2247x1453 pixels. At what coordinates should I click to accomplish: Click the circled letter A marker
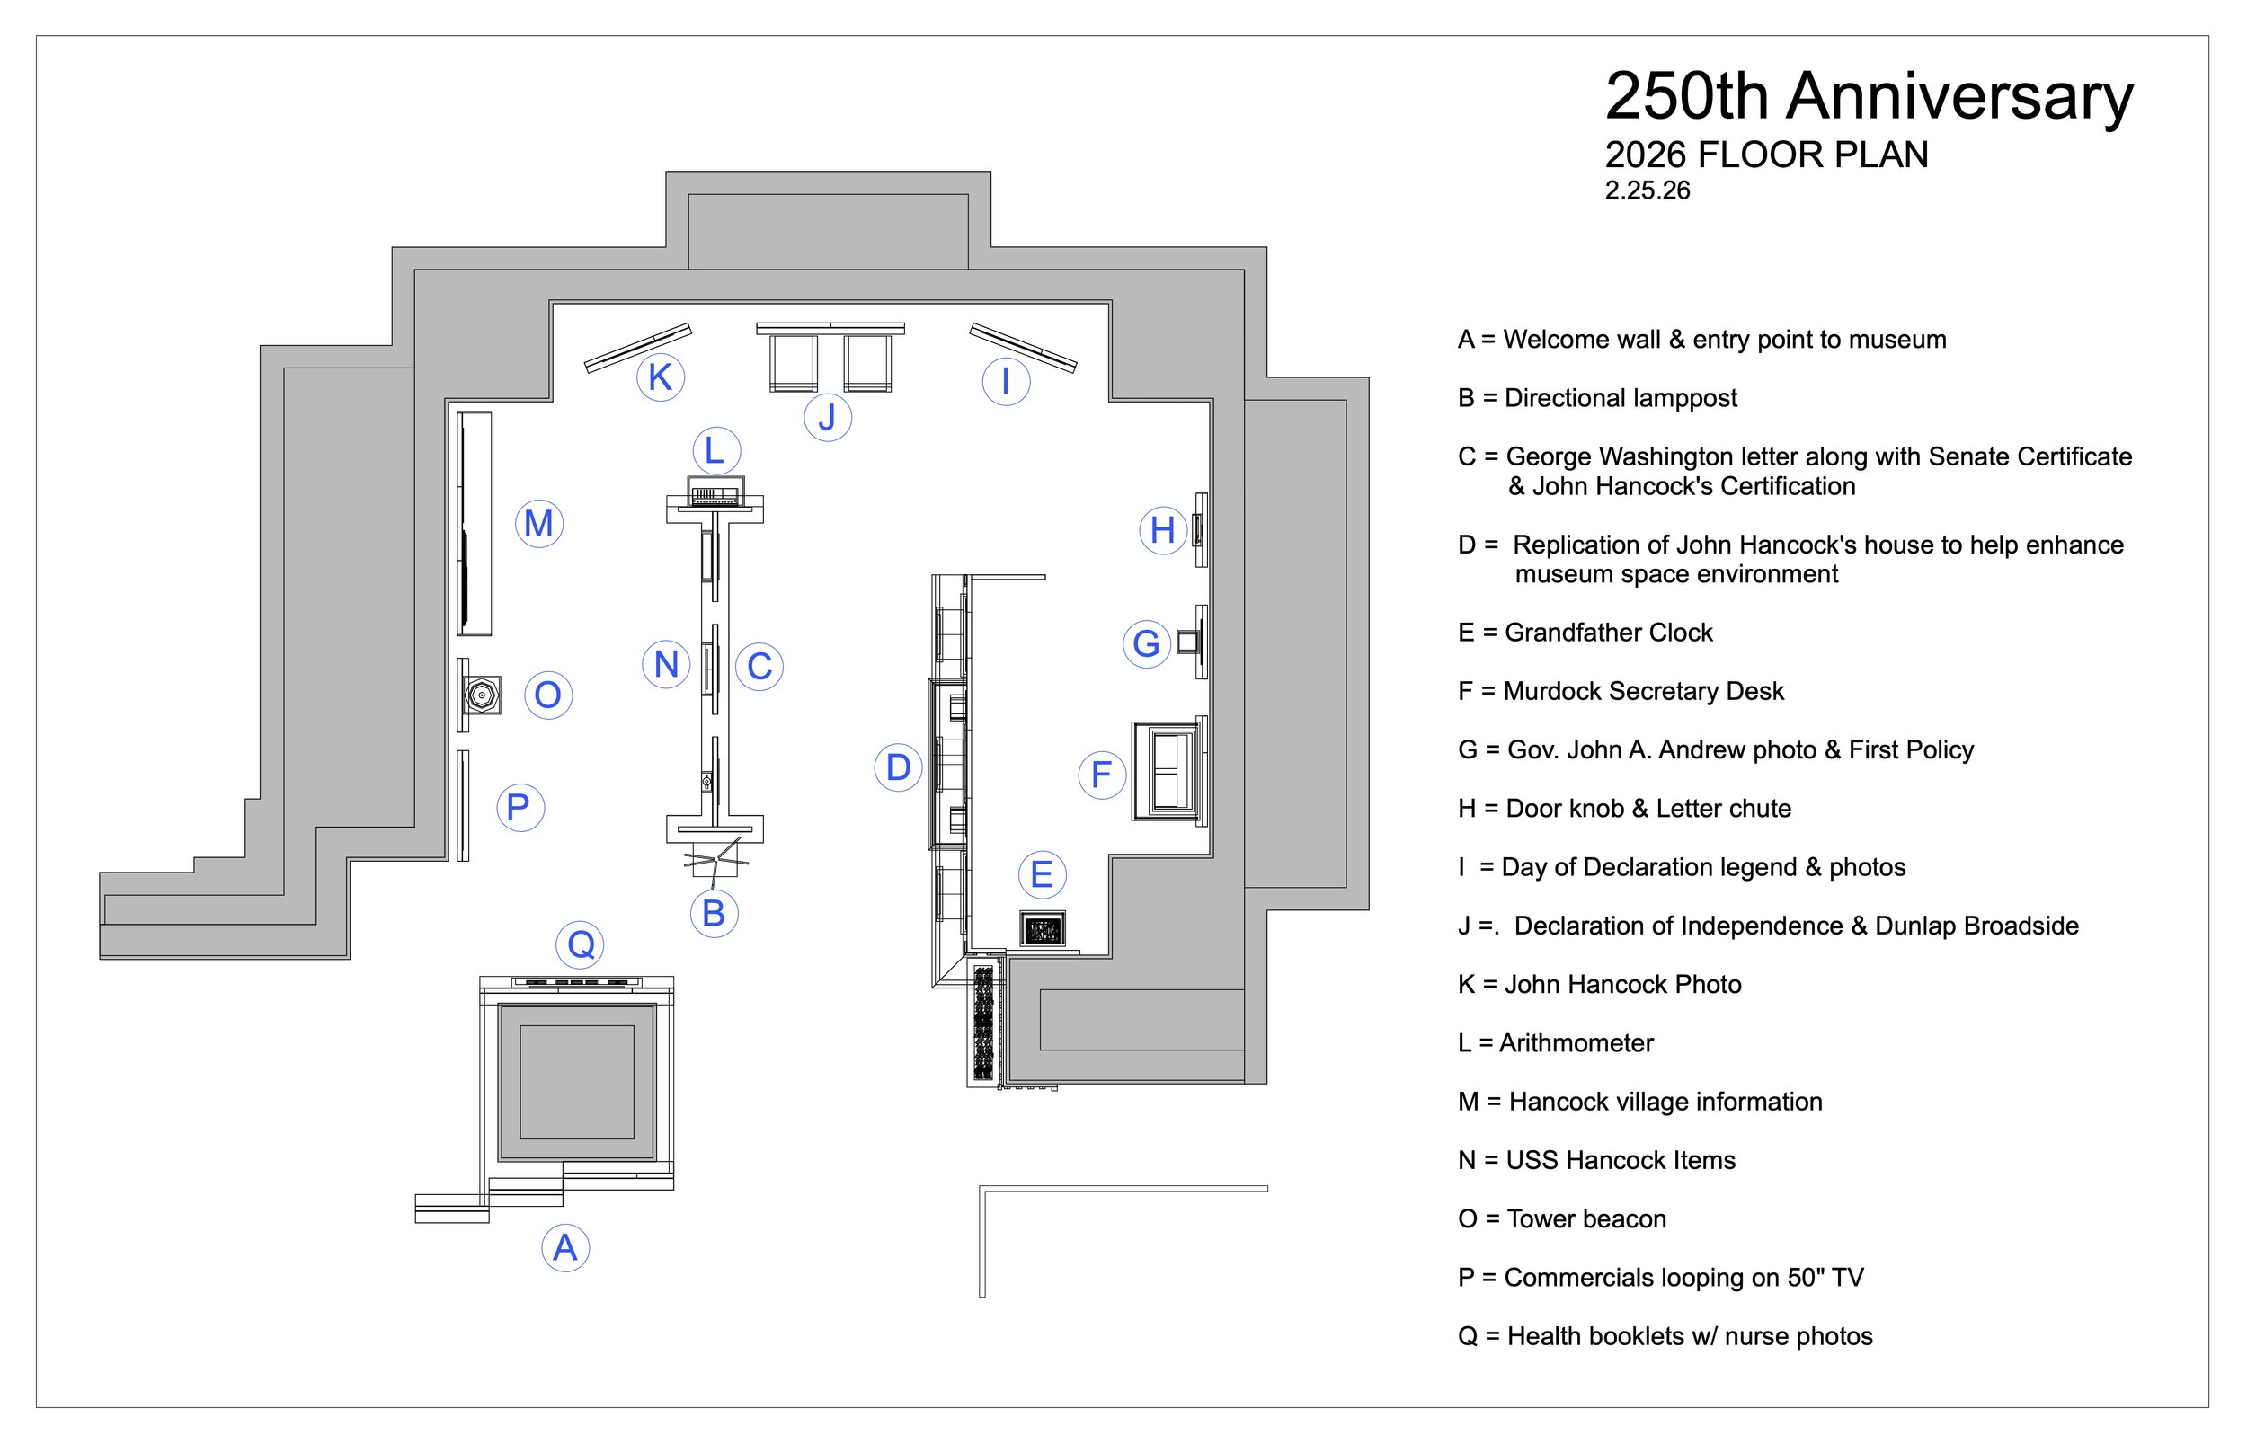(564, 1247)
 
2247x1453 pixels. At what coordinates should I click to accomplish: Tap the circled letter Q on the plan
(581, 944)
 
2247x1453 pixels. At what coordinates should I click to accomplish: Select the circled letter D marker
(898, 767)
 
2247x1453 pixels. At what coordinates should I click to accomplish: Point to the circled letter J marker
(828, 417)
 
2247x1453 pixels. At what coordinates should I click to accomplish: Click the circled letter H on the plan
(1163, 530)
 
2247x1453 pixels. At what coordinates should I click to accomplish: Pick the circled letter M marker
(539, 524)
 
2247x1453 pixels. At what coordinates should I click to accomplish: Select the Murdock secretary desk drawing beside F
(1168, 770)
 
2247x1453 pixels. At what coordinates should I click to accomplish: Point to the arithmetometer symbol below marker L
(715, 492)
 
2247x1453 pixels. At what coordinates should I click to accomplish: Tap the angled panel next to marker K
(638, 348)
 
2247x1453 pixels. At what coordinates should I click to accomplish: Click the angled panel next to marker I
(1023, 346)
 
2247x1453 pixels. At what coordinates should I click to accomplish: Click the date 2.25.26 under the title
(1647, 190)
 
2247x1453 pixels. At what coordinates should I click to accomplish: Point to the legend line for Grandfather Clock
(1585, 633)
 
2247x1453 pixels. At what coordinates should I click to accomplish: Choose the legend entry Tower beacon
(1562, 1219)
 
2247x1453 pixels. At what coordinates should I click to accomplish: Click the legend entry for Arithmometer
(1555, 1042)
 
